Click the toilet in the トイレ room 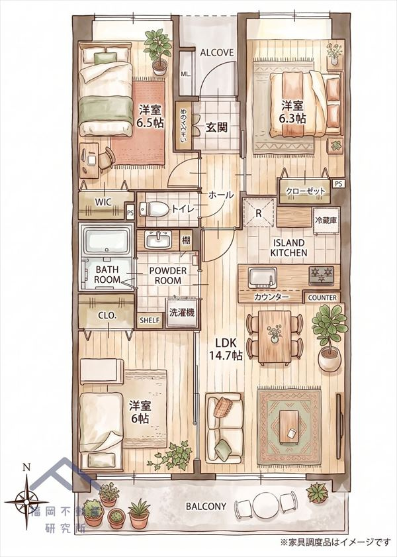point(154,209)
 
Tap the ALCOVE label point(217,52)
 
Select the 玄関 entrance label point(216,127)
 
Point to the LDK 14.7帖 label point(229,348)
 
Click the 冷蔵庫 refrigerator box point(326,221)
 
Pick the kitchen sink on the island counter point(263,278)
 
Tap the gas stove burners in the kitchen point(321,276)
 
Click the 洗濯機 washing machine point(181,313)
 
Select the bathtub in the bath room point(106,240)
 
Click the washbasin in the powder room point(159,240)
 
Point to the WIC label point(104,202)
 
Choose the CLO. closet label point(107,315)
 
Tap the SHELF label point(150,321)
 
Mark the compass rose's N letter point(26,467)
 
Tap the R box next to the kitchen point(259,213)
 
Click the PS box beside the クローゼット point(339,184)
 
